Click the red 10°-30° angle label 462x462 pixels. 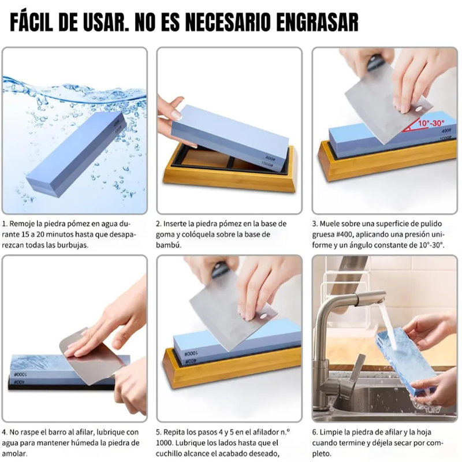431,123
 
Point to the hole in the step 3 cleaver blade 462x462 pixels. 418,109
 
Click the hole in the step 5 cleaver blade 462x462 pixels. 263,316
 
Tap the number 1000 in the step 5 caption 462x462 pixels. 165,443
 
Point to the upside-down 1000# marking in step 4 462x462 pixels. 20,374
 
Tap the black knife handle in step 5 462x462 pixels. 219,269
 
